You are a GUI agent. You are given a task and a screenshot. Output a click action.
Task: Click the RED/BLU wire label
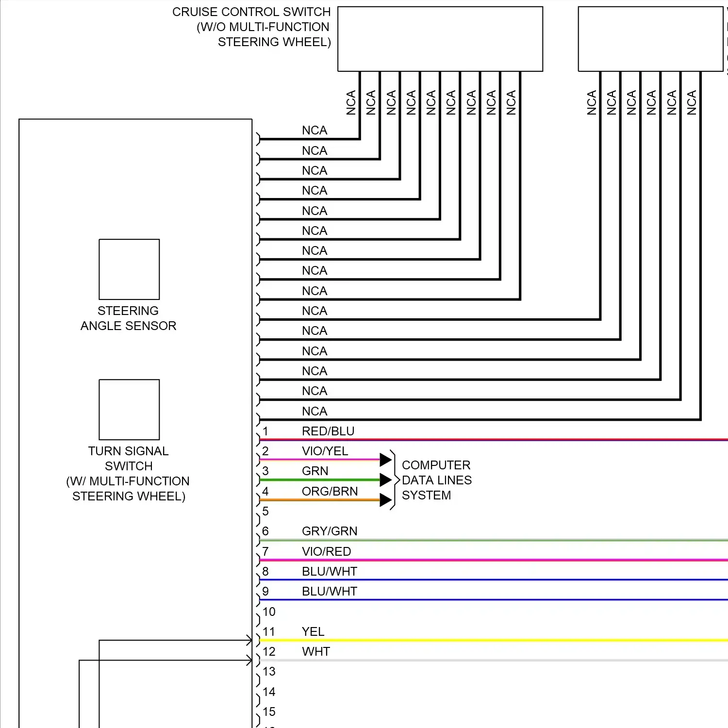[x=328, y=431]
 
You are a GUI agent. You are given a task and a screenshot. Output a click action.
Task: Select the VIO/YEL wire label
[x=325, y=451]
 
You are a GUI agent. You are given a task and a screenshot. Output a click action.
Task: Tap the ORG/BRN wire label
[x=330, y=491]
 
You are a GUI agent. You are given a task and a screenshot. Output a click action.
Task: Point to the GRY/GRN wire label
[x=330, y=531]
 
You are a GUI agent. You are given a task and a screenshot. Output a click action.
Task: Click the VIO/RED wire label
[x=326, y=551]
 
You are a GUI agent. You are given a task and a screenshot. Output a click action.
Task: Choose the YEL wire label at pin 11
[x=313, y=631]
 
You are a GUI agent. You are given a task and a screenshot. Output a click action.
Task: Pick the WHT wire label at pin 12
[x=316, y=651]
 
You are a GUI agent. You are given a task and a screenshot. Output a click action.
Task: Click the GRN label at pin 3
[x=315, y=471]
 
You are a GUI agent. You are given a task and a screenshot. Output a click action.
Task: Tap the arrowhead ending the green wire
[x=386, y=480]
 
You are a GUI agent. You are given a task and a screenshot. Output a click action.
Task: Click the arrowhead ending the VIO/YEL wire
[x=386, y=459]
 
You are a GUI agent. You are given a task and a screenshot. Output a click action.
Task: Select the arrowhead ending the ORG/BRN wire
[x=386, y=500]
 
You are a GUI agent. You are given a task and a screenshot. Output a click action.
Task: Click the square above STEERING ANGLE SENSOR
[x=129, y=269]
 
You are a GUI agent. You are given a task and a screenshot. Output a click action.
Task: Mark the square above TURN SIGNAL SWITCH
[x=129, y=410]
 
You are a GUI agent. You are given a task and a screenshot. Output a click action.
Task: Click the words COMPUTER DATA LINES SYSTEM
[x=437, y=480]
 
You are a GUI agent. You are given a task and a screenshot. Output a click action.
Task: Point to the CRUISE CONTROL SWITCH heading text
[x=251, y=27]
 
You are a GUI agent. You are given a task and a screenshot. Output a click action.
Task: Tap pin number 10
[x=269, y=612]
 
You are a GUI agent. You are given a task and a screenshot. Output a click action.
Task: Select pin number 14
[x=269, y=692]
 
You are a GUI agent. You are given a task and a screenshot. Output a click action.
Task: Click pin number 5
[x=265, y=511]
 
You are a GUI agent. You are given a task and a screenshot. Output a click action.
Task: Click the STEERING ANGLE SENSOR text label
[x=128, y=318]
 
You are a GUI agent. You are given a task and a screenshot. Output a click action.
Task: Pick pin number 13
[x=269, y=671]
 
